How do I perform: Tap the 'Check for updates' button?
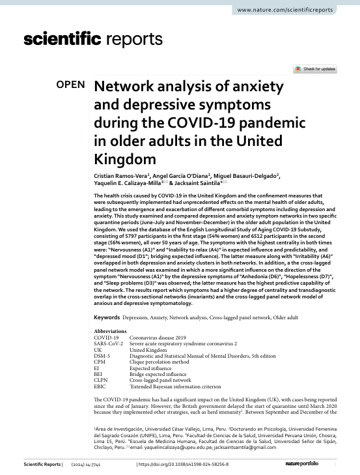(314, 69)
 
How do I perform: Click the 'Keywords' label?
(107, 317)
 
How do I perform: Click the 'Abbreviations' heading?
(111, 331)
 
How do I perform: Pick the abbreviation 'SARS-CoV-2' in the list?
(109, 343)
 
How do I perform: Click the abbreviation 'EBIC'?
(102, 386)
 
